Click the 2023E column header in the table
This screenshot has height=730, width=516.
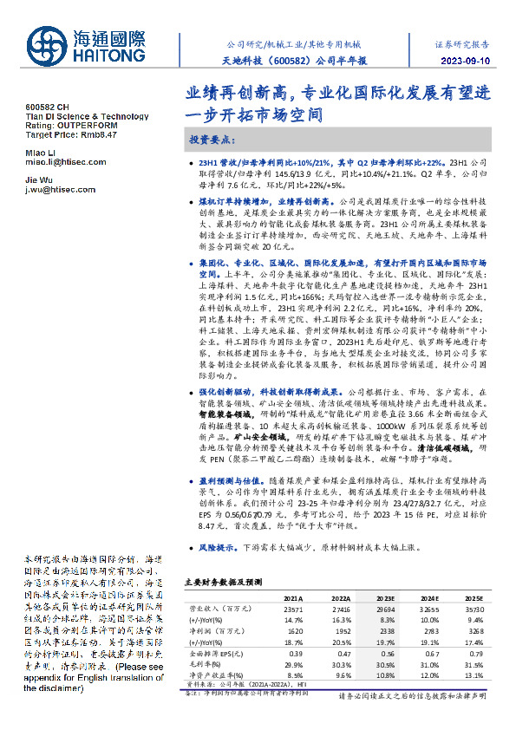click(x=382, y=598)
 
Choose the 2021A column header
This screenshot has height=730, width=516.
click(x=293, y=598)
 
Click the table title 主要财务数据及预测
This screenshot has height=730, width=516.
click(x=218, y=583)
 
